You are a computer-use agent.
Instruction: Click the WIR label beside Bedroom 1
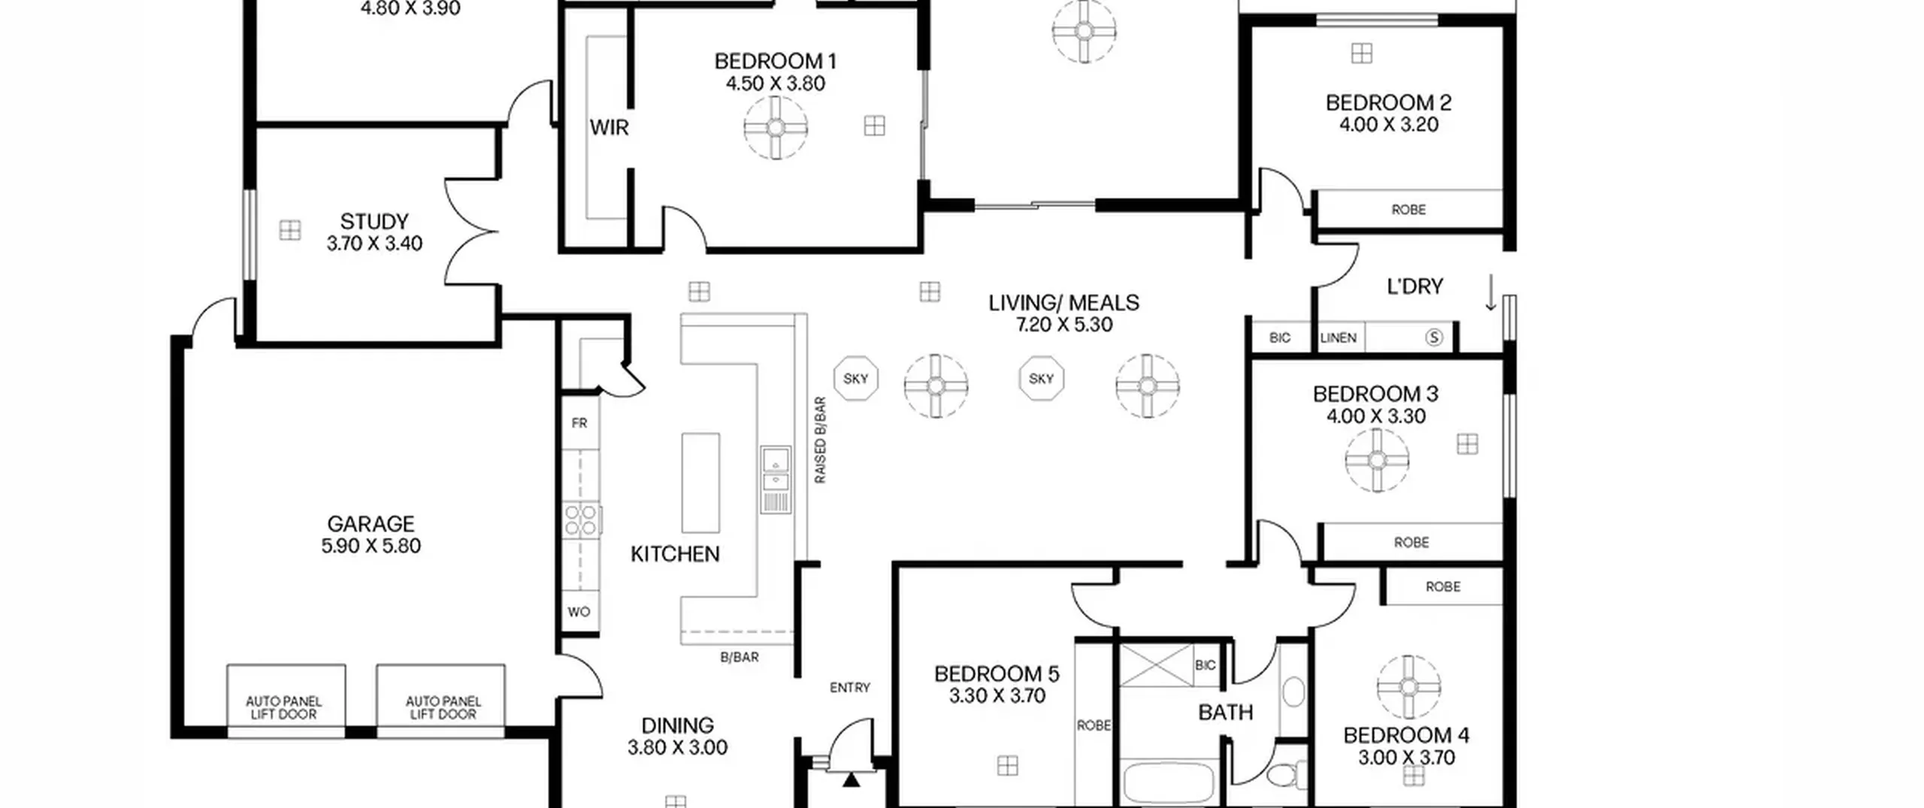click(x=609, y=128)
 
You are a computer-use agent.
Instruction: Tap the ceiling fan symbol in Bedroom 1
click(x=776, y=128)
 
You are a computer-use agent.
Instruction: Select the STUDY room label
click(x=374, y=222)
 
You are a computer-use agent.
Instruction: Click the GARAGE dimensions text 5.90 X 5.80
click(x=371, y=546)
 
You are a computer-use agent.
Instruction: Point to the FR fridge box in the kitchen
click(x=579, y=423)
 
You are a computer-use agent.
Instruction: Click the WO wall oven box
click(x=579, y=612)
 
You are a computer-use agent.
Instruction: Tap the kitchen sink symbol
click(x=776, y=470)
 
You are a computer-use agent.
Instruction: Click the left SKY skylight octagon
click(x=856, y=379)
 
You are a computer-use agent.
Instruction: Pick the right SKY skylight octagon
click(x=1041, y=379)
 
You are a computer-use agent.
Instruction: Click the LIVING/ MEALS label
click(x=1063, y=303)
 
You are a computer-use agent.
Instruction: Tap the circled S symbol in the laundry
click(x=1434, y=337)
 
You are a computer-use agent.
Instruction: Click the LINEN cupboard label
click(x=1339, y=338)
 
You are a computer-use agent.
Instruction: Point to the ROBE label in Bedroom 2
click(x=1408, y=210)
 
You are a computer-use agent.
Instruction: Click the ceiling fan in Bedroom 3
click(x=1377, y=460)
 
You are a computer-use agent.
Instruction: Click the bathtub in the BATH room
click(x=1169, y=783)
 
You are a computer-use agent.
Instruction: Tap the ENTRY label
click(x=850, y=688)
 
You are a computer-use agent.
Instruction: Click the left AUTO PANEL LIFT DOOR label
click(x=283, y=707)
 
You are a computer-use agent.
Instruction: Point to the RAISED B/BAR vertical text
click(x=820, y=440)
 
